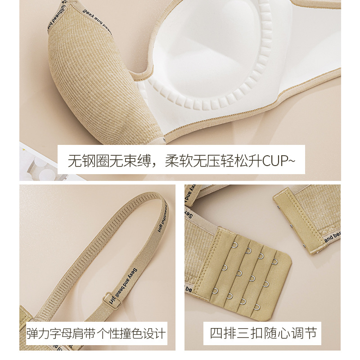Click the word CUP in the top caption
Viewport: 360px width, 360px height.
click(x=273, y=160)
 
